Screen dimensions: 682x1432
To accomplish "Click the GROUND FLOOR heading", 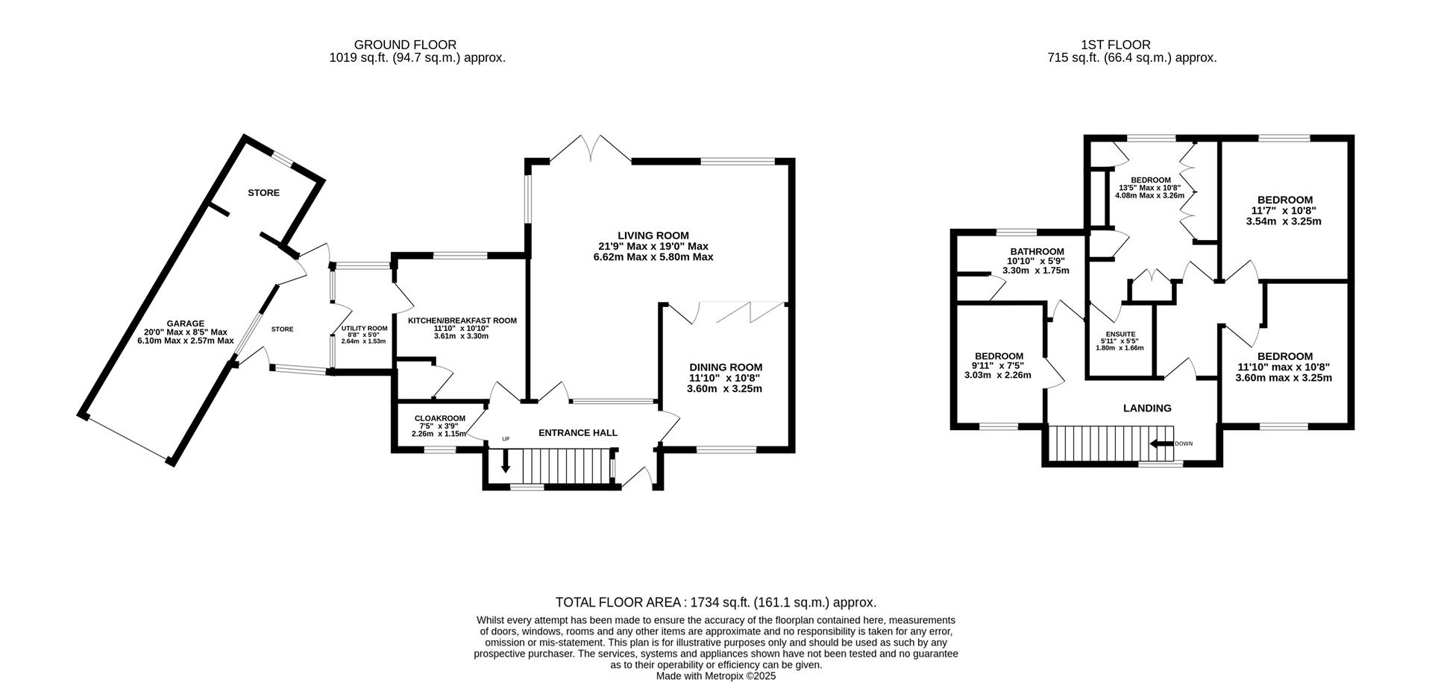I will pyautogui.click(x=405, y=45).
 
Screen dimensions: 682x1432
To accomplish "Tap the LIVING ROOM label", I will pyautogui.click(x=653, y=236).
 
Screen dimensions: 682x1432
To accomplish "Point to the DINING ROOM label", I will pyautogui.click(x=725, y=367).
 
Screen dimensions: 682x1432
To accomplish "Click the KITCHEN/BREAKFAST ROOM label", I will pyautogui.click(x=462, y=321).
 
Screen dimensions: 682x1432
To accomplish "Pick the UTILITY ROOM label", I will pyautogui.click(x=364, y=329).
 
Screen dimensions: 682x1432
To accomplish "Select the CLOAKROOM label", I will pyautogui.click(x=439, y=418).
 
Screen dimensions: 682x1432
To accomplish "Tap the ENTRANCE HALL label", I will pyautogui.click(x=577, y=432).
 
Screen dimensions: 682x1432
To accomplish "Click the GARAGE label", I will pyautogui.click(x=185, y=323).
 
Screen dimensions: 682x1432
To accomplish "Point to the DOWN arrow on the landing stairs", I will pyautogui.click(x=1161, y=443).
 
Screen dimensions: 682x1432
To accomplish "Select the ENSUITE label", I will pyautogui.click(x=1119, y=334).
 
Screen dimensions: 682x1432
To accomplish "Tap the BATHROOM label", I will pyautogui.click(x=1036, y=252).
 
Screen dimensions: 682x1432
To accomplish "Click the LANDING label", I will pyautogui.click(x=1147, y=408).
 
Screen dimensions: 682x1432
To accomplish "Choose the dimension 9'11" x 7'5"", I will pyautogui.click(x=998, y=365).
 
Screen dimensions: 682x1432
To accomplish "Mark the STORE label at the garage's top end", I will pyautogui.click(x=263, y=192).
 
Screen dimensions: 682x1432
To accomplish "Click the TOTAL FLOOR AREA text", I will pyautogui.click(x=715, y=602).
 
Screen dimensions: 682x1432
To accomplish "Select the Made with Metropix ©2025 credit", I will pyautogui.click(x=715, y=676).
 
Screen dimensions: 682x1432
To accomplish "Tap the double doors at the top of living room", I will pyautogui.click(x=590, y=148).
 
